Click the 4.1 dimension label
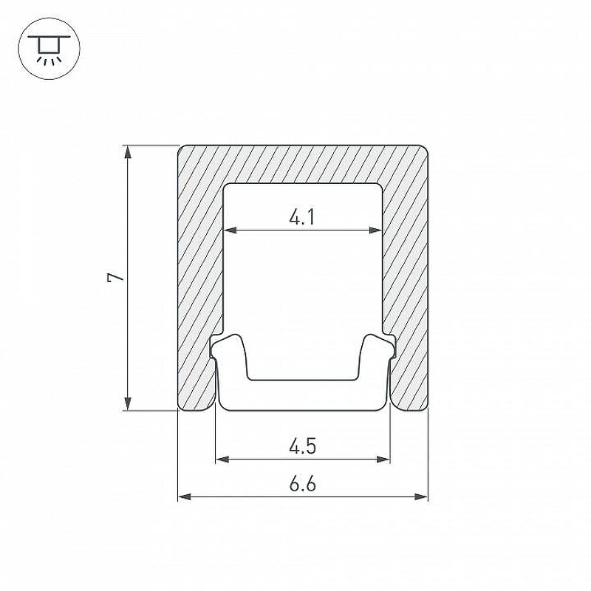302,217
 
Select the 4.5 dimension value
303,446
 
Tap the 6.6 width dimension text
303,484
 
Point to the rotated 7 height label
116,278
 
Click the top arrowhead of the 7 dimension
128,151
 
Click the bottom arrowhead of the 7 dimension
128,403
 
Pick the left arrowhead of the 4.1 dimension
230,230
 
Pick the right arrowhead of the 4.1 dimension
376,230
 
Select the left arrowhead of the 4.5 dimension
222,459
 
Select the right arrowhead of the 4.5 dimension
383,459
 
